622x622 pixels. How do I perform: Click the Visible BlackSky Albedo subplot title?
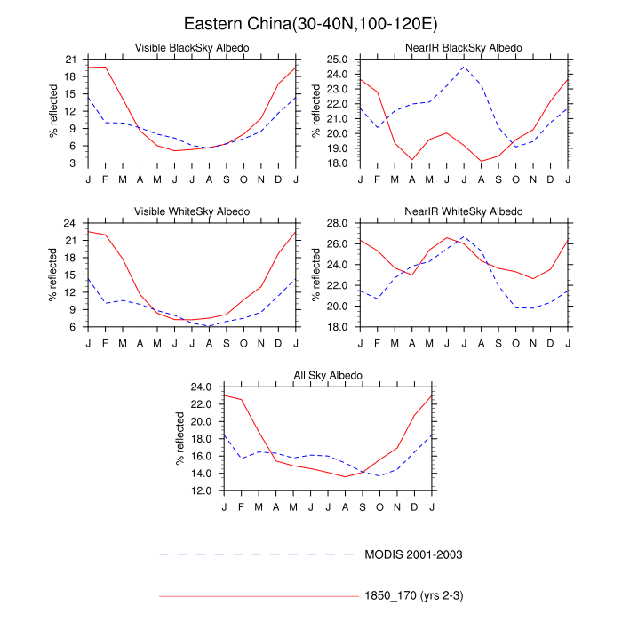tap(191, 47)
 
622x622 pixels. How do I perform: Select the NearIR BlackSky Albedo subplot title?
tap(464, 47)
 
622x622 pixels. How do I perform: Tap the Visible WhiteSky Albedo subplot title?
tap(191, 211)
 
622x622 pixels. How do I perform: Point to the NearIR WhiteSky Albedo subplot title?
tap(464, 211)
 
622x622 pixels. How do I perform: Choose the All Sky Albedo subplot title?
tap(327, 375)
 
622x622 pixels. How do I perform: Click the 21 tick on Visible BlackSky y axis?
tap(70, 60)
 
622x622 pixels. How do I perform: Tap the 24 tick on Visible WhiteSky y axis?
tap(70, 223)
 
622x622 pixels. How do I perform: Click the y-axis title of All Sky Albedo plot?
tap(179, 439)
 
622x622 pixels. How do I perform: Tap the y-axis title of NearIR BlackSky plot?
tap(315, 111)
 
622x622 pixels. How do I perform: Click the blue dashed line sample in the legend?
tap(257, 554)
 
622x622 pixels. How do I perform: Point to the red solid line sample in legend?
tap(257, 595)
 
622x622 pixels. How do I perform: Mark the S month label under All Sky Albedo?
tap(362, 506)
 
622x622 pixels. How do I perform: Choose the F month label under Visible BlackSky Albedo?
tap(105, 179)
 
